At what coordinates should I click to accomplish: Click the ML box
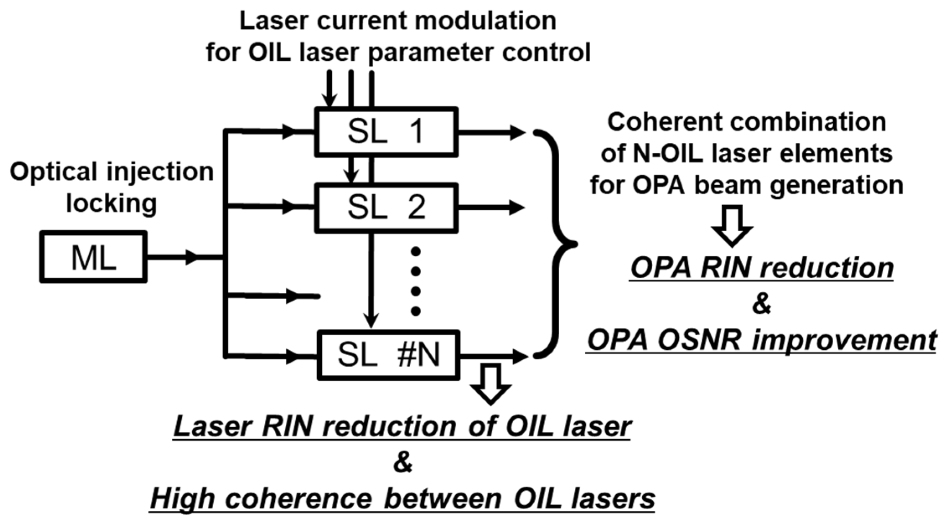coord(93,257)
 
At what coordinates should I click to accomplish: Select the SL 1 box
coord(386,132)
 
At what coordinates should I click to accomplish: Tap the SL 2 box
coord(386,208)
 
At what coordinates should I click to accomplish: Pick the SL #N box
coord(388,355)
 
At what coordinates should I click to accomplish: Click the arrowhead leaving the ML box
coord(192,257)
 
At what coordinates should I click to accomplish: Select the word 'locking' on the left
coord(111,203)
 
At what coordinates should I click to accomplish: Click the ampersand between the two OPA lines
coord(762,304)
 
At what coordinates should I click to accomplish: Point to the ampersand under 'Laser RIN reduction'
coord(403,463)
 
